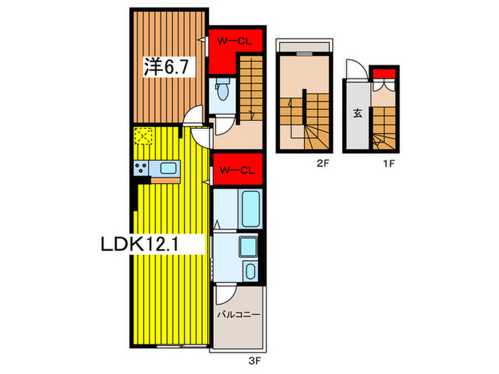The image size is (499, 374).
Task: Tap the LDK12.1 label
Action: click(x=153, y=244)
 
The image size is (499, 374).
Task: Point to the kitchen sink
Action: click(x=170, y=168)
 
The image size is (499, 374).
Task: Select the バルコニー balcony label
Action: click(x=238, y=313)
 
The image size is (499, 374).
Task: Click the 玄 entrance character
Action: click(x=355, y=113)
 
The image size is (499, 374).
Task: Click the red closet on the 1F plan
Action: click(x=384, y=72)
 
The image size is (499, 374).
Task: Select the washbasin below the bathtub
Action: click(x=247, y=247)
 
